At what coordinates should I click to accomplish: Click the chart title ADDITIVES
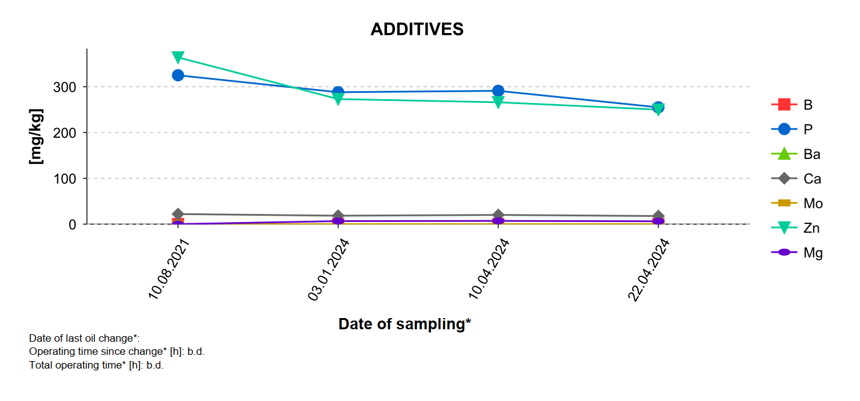click(x=417, y=29)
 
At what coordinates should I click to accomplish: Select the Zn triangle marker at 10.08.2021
click(x=178, y=57)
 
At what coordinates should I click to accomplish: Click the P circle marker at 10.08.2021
click(x=178, y=75)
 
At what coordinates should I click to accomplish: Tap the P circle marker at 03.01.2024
click(x=338, y=92)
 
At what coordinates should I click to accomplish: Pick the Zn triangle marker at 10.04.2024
click(x=498, y=102)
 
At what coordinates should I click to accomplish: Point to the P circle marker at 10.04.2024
click(x=498, y=91)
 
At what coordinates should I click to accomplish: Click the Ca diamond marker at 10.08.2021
click(x=178, y=214)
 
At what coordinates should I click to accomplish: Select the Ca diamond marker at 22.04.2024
click(x=658, y=216)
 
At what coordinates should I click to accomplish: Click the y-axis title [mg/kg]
click(x=36, y=137)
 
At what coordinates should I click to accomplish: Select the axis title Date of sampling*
click(x=404, y=324)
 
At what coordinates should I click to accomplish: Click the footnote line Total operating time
click(x=96, y=365)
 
